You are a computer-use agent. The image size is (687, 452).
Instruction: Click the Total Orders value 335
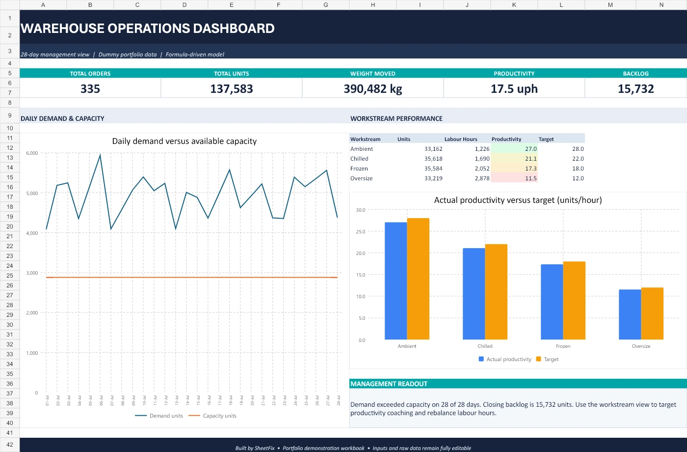(90, 89)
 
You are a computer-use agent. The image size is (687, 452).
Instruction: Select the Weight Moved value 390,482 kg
(372, 89)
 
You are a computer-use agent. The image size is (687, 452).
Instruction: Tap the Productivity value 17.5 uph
(514, 89)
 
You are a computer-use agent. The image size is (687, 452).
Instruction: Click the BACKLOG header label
(635, 74)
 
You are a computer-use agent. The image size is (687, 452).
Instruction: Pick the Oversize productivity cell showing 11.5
(530, 178)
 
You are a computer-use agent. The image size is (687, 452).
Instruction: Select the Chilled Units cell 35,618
(433, 158)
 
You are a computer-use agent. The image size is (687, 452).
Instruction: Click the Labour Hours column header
(461, 139)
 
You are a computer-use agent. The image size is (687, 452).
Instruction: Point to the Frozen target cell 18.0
(578, 168)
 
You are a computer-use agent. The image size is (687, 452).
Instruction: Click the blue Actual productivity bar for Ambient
(396, 281)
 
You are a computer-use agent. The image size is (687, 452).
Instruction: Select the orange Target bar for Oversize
(652, 313)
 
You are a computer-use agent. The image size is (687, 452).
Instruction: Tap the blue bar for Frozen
(552, 302)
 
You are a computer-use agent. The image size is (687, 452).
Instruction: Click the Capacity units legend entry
(212, 416)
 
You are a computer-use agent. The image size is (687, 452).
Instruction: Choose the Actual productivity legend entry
(505, 359)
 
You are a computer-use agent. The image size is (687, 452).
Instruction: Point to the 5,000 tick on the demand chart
(32, 193)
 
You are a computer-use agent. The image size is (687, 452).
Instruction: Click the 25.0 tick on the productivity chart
(360, 231)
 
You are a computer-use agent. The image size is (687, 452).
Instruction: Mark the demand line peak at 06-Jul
(100, 155)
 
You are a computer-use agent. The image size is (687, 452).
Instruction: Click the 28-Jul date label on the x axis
(339, 400)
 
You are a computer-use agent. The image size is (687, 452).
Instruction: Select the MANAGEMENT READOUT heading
(389, 384)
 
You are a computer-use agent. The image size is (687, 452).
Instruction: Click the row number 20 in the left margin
(10, 226)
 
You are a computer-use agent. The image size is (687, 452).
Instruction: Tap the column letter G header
(325, 5)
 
